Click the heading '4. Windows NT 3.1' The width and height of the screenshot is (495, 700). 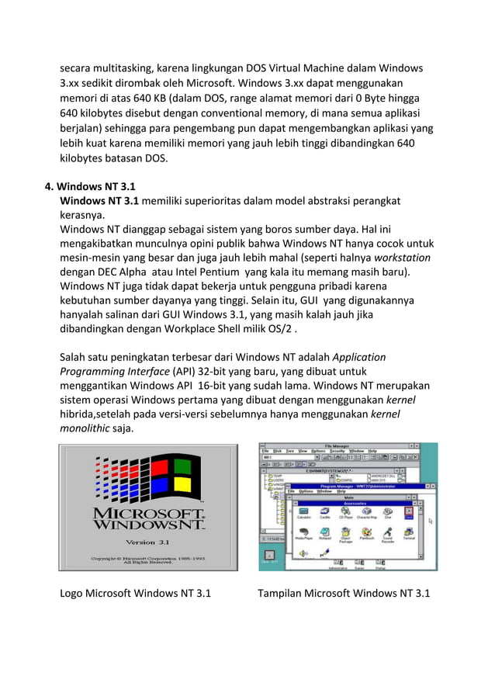coord(91,186)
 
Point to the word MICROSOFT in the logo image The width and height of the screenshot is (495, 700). coord(147,514)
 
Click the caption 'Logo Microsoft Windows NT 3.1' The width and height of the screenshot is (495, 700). coord(136,594)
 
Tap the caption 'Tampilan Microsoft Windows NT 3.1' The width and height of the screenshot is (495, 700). coord(344,594)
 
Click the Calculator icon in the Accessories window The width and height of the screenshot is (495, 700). coord(303,514)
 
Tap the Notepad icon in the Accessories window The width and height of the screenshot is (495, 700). coord(325,533)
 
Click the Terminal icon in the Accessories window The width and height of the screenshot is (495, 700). coord(408,533)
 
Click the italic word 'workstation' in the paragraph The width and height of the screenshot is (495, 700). coord(403,258)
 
